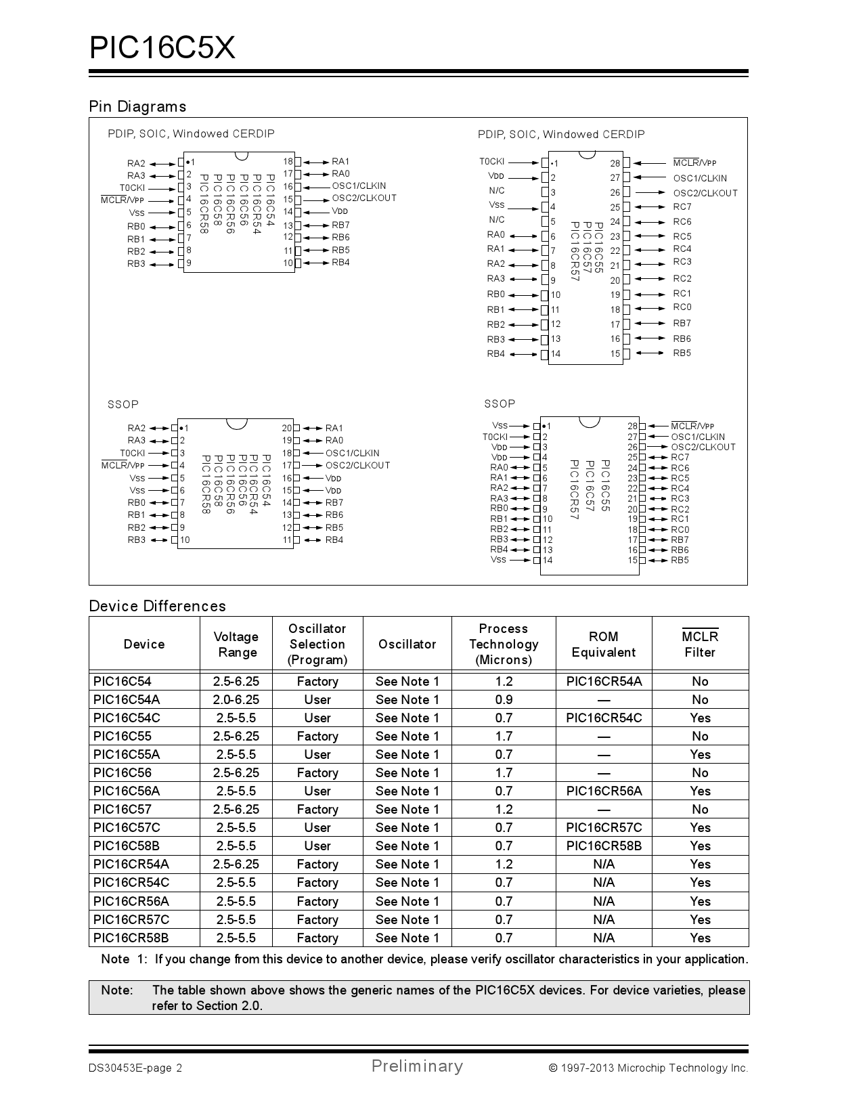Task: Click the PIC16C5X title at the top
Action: coord(162,48)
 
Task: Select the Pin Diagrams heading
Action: coord(137,106)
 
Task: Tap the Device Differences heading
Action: coord(157,606)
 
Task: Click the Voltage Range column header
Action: coord(236,644)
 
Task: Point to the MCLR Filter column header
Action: coord(700,644)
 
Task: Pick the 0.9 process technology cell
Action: coord(504,700)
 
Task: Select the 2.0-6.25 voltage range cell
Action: coord(236,700)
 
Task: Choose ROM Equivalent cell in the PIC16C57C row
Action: coord(604,828)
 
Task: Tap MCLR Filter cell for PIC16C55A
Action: coord(700,755)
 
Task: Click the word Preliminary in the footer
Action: coord(417,1066)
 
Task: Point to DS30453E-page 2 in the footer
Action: coord(135,1068)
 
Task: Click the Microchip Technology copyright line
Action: coord(648,1068)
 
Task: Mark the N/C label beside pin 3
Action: coord(497,191)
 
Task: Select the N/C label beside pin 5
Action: coord(497,220)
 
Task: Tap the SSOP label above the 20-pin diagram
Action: coord(123,404)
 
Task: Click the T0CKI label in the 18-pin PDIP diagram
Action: coord(132,188)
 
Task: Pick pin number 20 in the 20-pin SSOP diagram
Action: coord(287,428)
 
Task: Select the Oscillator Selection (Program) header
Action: coord(317,644)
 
